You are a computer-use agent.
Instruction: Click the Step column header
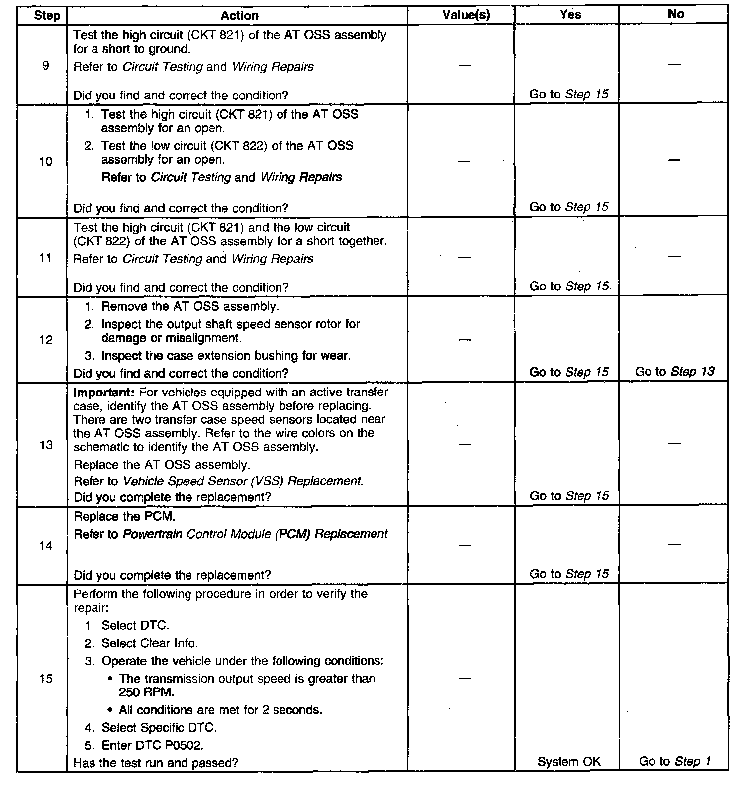[47, 16]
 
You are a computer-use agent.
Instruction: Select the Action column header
[239, 16]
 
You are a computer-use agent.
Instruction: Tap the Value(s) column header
[466, 15]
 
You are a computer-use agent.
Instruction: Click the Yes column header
[570, 15]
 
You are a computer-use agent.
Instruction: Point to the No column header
[675, 14]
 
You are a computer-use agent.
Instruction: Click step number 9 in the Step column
[46, 65]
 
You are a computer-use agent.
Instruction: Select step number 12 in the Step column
[46, 340]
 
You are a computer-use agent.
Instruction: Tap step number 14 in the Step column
[46, 546]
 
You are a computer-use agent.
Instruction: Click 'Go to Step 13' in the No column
[675, 371]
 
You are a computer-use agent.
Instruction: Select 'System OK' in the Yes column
[569, 761]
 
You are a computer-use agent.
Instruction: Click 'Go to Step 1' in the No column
[675, 761]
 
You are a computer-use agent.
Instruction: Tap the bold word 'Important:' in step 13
[103, 392]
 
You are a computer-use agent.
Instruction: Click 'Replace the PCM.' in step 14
[124, 517]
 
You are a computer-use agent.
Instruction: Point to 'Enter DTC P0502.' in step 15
[153, 745]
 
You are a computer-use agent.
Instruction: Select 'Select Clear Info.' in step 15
[150, 643]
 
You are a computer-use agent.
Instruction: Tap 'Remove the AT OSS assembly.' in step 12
[190, 306]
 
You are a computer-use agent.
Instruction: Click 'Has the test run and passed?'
[156, 762]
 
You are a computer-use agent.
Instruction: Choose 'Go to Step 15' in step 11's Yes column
[569, 286]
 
